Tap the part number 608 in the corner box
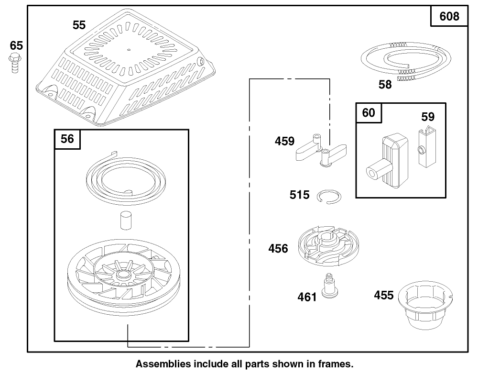449,16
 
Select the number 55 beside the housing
79,25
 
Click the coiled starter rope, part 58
405,61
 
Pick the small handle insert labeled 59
426,148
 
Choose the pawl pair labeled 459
321,150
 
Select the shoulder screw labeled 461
329,286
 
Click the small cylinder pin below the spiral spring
126,221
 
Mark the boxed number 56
67,139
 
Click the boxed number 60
369,113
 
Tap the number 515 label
299,195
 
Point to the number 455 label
384,296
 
